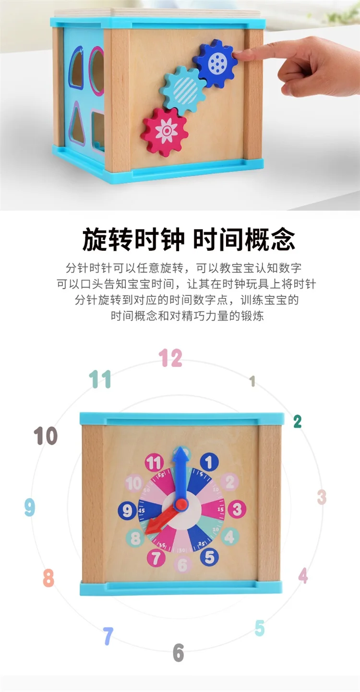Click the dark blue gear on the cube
216,63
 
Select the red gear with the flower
165,131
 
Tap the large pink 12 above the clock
170,358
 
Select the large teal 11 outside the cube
100,379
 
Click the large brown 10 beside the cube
46,437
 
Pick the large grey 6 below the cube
178,653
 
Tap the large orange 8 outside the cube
48,578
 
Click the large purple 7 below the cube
108,636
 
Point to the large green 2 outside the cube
298,422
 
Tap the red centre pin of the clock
181,504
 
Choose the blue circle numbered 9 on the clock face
127,510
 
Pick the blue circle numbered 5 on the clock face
209,557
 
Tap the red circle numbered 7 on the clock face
156,558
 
